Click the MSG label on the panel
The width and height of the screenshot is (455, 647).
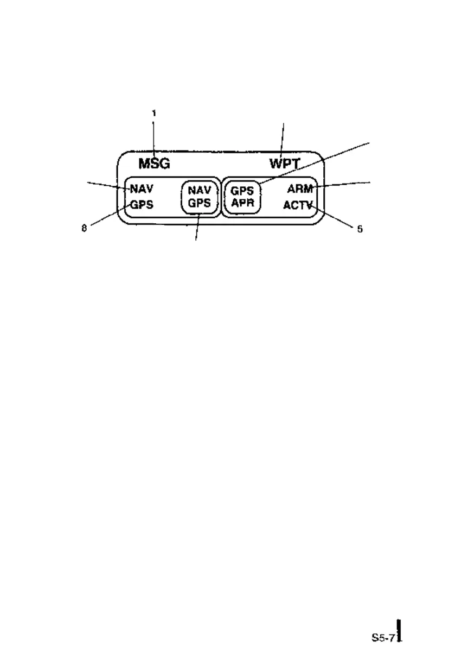(155, 164)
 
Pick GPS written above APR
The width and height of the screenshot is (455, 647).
(242, 192)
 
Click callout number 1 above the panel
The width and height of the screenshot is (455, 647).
(153, 114)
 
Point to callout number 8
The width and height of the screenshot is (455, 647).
(84, 229)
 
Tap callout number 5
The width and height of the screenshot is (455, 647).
(359, 229)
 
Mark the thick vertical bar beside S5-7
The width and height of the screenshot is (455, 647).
(399, 630)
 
